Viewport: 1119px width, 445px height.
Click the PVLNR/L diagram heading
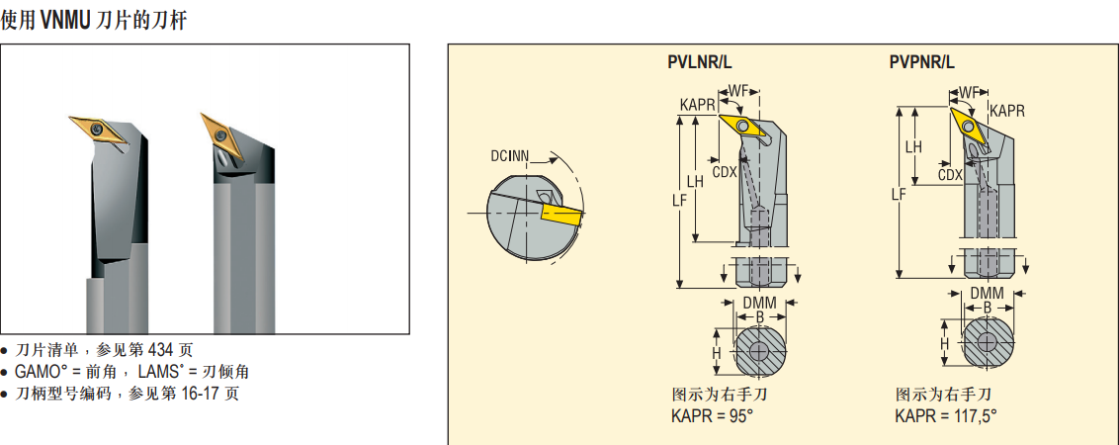point(700,62)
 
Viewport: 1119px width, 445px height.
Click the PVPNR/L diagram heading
point(921,62)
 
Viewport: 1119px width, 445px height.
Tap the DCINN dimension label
point(510,155)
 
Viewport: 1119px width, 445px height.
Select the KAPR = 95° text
point(712,415)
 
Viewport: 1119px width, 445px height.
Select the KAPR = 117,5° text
point(946,415)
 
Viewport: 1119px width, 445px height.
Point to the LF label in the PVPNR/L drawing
point(898,194)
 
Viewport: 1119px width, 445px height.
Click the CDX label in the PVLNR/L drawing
point(725,171)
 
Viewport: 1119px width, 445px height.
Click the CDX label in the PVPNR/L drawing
point(950,174)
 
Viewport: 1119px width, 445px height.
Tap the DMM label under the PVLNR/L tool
point(759,302)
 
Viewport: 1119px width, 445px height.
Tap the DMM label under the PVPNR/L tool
point(987,294)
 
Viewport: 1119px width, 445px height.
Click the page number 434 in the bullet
point(161,350)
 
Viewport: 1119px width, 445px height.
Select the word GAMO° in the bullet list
point(43,372)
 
